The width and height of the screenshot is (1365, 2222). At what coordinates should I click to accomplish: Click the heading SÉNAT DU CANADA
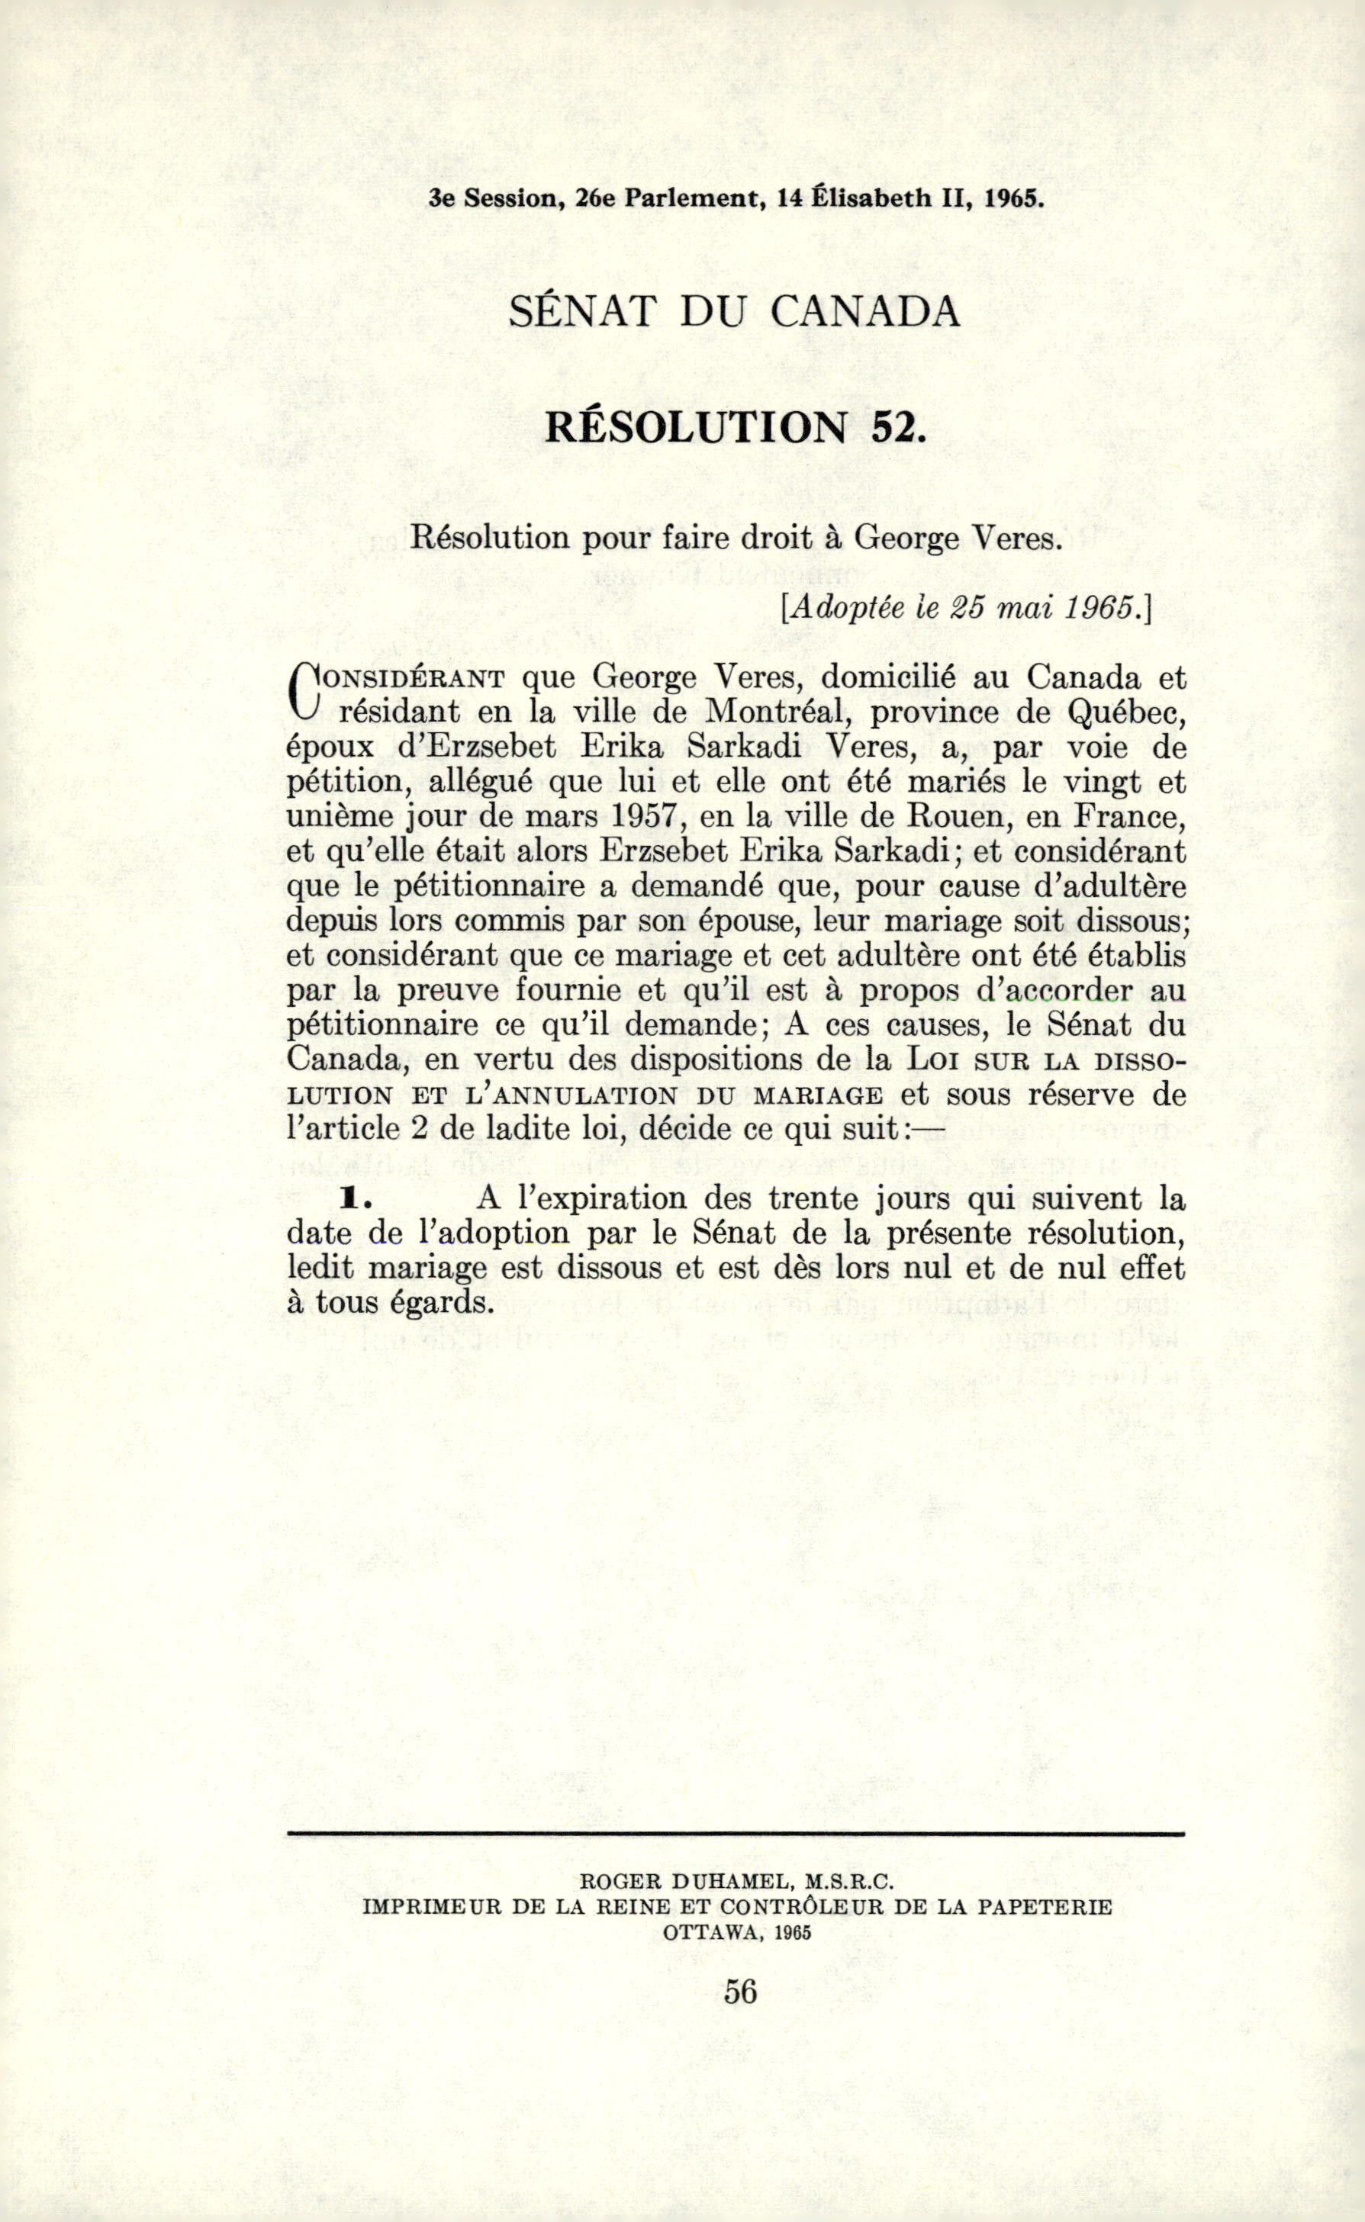pos(734,312)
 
